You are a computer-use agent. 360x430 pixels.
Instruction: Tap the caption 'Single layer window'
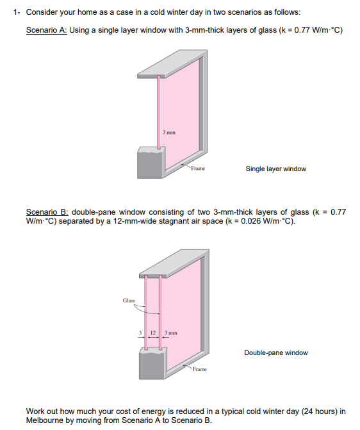pyautogui.click(x=275, y=169)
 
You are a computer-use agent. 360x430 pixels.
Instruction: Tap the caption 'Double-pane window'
pyautogui.click(x=275, y=352)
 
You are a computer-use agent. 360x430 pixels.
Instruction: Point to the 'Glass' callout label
pyautogui.click(x=129, y=299)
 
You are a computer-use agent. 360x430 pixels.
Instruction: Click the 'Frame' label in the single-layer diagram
pyautogui.click(x=197, y=169)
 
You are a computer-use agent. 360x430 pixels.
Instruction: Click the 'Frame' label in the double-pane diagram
pyautogui.click(x=200, y=370)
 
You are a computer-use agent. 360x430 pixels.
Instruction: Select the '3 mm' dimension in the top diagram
pyautogui.click(x=169, y=133)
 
